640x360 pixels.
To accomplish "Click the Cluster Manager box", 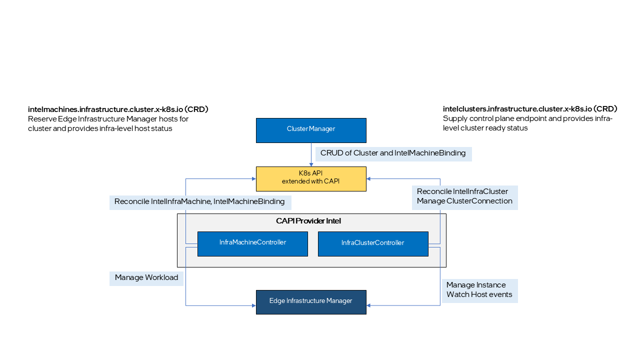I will tap(311, 130).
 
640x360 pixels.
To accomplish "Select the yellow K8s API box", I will tap(311, 178).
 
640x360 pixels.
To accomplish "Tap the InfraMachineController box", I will tap(252, 243).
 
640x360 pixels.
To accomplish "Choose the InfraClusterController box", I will tap(373, 243).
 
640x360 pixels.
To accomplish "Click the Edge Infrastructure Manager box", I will tap(311, 302).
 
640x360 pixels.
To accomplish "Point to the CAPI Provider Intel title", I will tap(308, 221).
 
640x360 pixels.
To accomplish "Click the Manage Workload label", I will tap(146, 278).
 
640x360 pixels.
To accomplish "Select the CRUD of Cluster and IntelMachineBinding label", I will tap(393, 153).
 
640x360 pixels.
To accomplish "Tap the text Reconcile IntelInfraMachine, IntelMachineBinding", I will tap(199, 202).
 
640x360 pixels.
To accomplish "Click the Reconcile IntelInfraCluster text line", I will tap(462, 192).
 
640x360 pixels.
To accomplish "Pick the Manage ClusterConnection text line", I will tap(464, 201).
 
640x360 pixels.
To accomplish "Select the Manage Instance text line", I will tap(476, 285).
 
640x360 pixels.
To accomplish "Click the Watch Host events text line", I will tap(479, 295).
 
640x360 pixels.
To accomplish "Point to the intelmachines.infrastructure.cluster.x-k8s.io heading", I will tap(118, 109).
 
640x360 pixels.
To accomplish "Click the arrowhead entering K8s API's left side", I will tap(253, 178).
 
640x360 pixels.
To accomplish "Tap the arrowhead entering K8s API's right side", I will tap(369, 178).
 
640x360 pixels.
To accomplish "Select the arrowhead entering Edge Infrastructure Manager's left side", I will tap(253, 305).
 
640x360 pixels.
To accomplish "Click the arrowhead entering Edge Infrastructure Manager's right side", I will tap(369, 305).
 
